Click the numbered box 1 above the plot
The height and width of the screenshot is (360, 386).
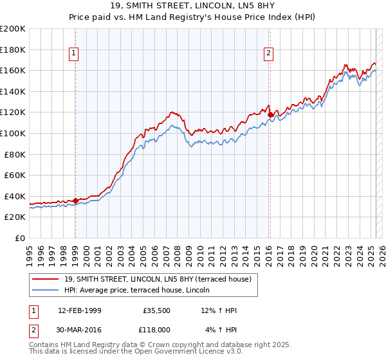coord(75,53)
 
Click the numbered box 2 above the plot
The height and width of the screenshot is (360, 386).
coord(268,53)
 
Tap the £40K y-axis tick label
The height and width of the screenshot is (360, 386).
coord(15,196)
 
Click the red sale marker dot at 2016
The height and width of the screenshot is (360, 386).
coord(270,114)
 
